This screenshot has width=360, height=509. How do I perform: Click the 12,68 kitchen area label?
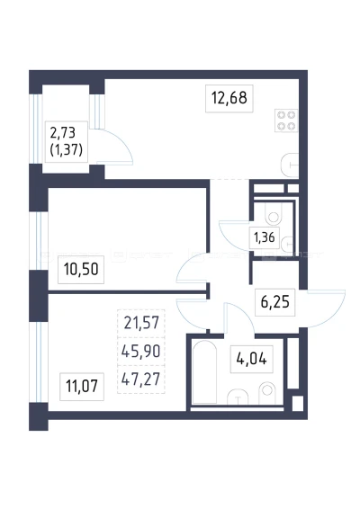coord(229,98)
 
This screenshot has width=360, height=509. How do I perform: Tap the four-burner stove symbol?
coord(286,121)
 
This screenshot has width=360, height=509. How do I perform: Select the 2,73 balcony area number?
coord(63,133)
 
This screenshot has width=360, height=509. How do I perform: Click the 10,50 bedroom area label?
coord(81,270)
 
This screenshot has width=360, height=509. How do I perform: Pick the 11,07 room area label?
coord(82,387)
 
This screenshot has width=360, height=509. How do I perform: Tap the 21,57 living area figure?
coord(141,323)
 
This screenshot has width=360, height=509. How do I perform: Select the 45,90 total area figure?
coord(140,351)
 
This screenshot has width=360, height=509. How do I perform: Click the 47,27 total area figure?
coord(140,379)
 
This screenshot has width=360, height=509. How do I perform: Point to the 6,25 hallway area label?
coord(274,302)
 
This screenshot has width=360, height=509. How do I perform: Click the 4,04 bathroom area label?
coord(251,359)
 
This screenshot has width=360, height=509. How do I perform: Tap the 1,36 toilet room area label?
coord(265,237)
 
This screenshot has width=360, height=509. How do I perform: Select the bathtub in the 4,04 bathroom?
coord(204,372)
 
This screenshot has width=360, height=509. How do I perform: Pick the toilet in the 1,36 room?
coord(274,214)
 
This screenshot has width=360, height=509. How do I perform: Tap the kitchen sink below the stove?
coord(290,165)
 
